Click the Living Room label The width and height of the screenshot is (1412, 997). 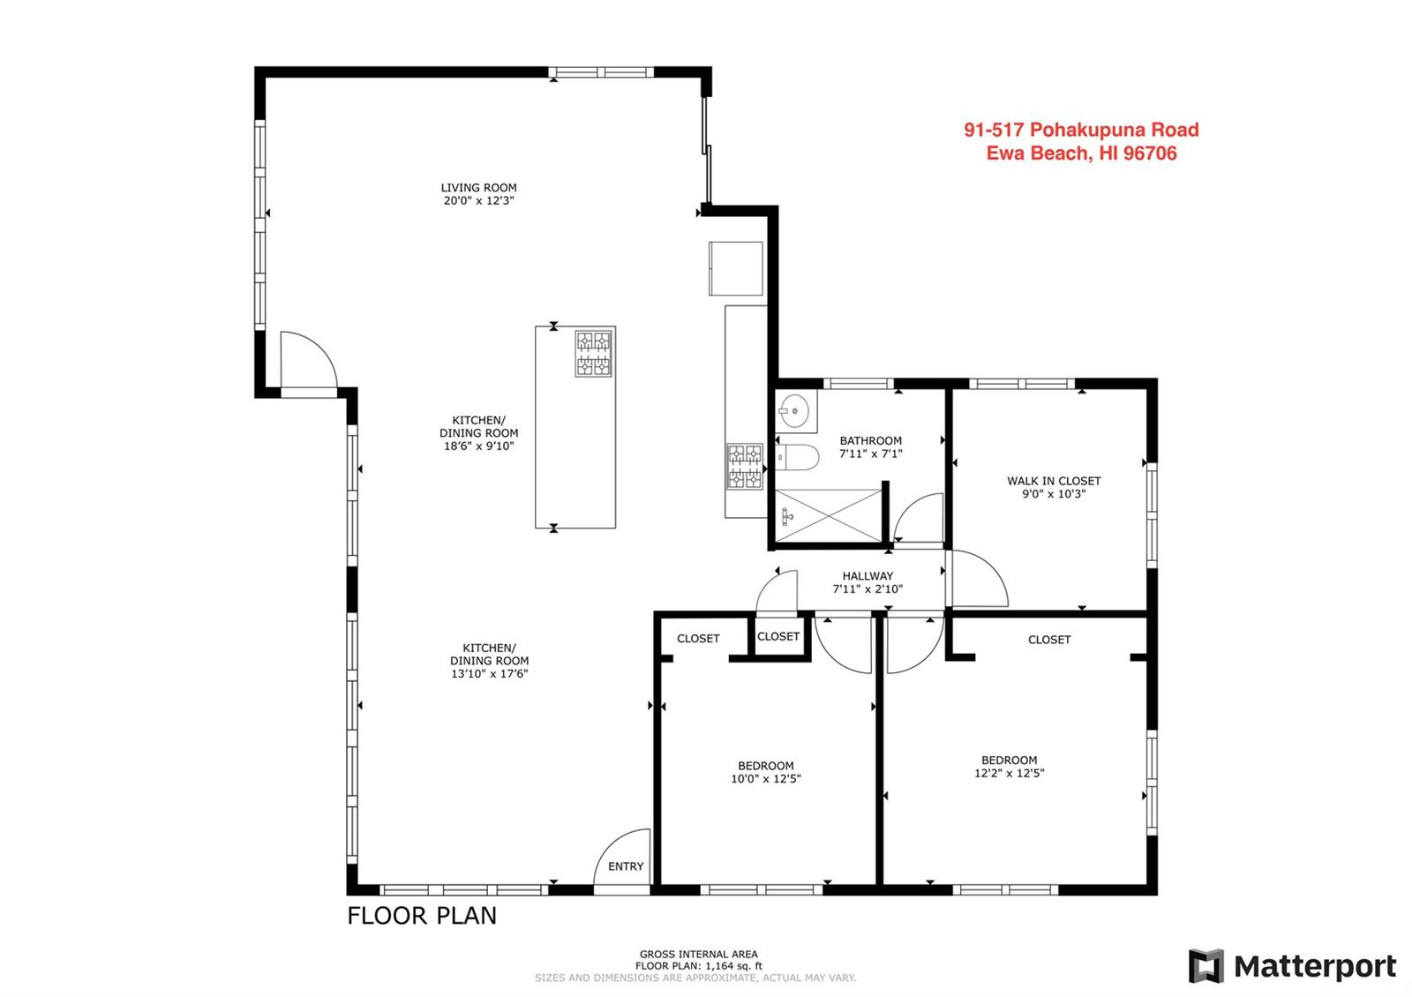click(x=478, y=188)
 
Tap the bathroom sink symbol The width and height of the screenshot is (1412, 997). click(x=795, y=411)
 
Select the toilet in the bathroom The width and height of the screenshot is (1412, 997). click(x=797, y=457)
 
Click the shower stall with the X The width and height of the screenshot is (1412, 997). click(x=828, y=515)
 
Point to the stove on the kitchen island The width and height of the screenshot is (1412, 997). click(x=594, y=353)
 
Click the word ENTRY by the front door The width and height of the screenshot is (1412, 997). click(x=626, y=866)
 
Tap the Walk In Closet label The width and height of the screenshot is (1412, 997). click(x=1054, y=481)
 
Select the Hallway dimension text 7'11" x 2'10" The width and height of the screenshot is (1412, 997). click(x=867, y=589)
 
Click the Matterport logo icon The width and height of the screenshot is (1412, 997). click(x=1206, y=966)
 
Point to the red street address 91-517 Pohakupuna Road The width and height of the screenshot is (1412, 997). click(x=1081, y=130)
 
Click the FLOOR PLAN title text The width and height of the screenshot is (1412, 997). click(x=422, y=916)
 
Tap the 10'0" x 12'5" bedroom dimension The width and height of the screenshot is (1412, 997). click(x=766, y=779)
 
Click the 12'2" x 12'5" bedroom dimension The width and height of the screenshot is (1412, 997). click(x=1010, y=773)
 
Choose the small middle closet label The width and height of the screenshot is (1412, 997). click(x=777, y=636)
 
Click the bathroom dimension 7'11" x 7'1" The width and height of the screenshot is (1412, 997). click(x=870, y=454)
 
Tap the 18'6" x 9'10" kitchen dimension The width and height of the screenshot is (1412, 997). click(x=479, y=446)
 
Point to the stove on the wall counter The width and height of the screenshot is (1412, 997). click(x=745, y=467)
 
